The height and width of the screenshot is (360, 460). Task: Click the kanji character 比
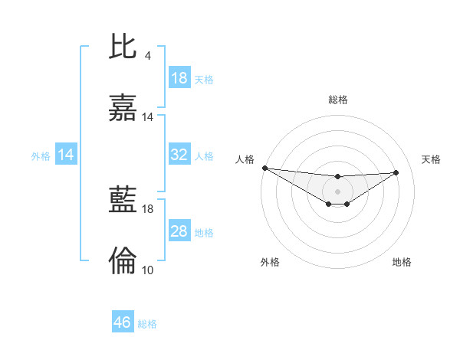coord(123,47)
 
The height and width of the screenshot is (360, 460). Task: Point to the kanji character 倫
coord(123,261)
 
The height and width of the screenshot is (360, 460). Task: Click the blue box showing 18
coord(179,78)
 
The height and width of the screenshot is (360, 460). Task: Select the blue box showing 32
coord(179,155)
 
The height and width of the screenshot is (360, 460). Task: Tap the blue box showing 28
coord(179,231)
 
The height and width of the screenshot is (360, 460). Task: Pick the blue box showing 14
coord(66,155)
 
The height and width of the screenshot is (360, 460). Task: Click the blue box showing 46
coord(123,322)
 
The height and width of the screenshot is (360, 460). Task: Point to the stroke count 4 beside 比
coord(148,56)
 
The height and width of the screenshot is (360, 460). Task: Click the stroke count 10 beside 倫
coord(148,270)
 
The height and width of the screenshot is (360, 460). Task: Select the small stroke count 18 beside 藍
coord(148,208)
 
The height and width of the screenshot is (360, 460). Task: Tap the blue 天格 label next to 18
coord(204,79)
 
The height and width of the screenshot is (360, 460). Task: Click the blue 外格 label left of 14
coord(41,156)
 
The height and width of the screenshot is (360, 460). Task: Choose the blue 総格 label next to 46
coord(147,323)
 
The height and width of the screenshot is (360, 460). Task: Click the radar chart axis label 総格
coord(337,100)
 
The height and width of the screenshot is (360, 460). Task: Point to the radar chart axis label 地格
coord(402,262)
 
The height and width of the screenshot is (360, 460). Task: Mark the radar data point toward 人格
coord(264,168)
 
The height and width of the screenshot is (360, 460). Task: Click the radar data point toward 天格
coord(396,172)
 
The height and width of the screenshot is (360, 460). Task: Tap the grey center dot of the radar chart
coord(337,191)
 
